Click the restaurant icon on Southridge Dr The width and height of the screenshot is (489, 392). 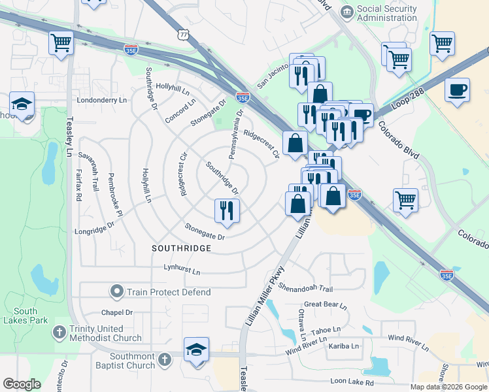click(227, 210)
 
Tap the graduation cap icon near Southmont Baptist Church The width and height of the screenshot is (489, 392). click(196, 349)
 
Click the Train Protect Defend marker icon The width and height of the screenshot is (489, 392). click(117, 291)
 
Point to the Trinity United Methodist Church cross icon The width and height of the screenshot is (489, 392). click(59, 332)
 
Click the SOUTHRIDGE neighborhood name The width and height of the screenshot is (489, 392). click(181, 249)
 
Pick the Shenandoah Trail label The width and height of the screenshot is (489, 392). click(305, 288)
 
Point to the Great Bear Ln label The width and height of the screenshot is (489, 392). click(326, 304)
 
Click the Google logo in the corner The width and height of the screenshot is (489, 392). click(22, 384)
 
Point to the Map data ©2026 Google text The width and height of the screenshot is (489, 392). click(448, 387)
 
